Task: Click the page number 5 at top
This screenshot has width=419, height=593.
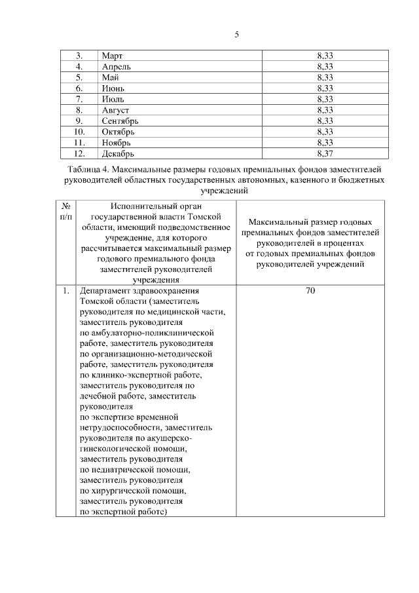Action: (x=236, y=35)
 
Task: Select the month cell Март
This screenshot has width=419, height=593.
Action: (x=113, y=56)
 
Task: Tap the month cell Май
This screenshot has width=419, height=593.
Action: (x=110, y=77)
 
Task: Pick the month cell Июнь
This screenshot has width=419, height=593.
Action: (x=113, y=88)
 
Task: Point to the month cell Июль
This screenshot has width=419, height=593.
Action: (x=113, y=99)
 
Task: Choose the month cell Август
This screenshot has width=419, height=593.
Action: (x=115, y=109)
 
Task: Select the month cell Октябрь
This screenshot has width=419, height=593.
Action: (x=118, y=132)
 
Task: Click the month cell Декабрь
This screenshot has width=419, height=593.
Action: (x=118, y=153)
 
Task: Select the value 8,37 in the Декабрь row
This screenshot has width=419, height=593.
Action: (x=325, y=153)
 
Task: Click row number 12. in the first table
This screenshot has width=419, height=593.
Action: (x=79, y=153)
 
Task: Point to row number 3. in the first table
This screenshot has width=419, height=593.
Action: (x=79, y=56)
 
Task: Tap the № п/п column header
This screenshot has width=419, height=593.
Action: (x=65, y=210)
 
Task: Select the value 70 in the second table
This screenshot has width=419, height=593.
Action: (x=311, y=290)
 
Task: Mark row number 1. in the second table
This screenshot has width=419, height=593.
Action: (x=66, y=290)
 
